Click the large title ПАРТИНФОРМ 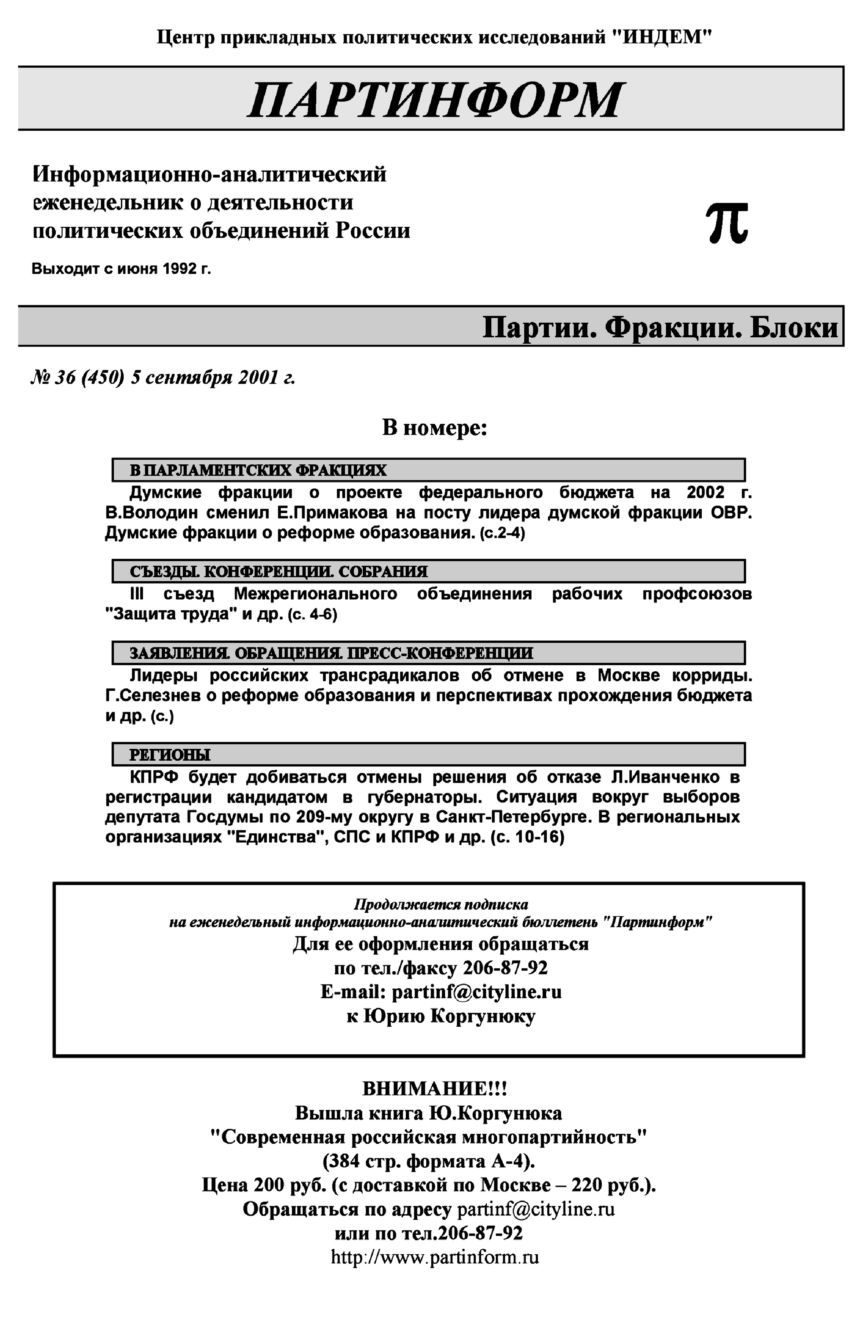click(x=434, y=100)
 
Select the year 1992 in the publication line click(x=179, y=269)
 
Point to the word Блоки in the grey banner click(x=793, y=327)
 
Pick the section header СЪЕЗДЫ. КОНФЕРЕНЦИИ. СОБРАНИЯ click(x=278, y=572)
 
